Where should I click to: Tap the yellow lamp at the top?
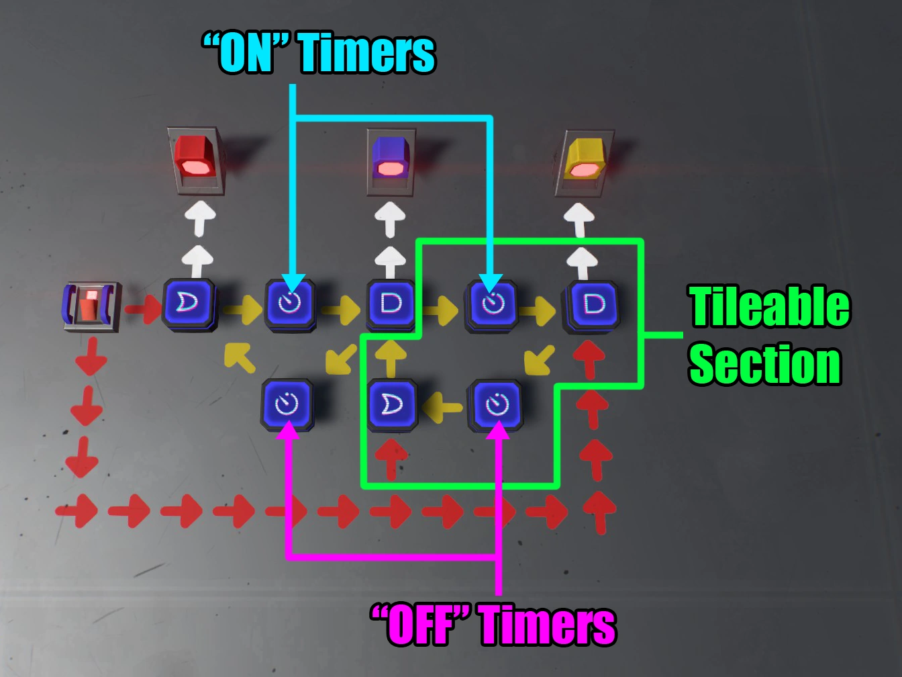(583, 160)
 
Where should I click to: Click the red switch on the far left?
(91, 306)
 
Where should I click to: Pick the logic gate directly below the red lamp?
(189, 304)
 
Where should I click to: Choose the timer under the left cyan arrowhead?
(290, 304)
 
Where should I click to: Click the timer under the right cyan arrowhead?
(492, 304)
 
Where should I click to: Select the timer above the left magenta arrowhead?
(287, 405)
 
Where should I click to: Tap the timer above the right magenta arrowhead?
(497, 405)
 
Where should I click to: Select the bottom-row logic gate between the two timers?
(393, 405)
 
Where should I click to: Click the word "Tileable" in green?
(769, 306)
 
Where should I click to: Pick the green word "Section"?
(764, 364)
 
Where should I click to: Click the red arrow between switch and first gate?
(142, 309)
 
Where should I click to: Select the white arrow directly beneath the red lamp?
(201, 218)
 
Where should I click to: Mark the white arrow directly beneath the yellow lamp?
(579, 218)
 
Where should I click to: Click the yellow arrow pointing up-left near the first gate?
(240, 357)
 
